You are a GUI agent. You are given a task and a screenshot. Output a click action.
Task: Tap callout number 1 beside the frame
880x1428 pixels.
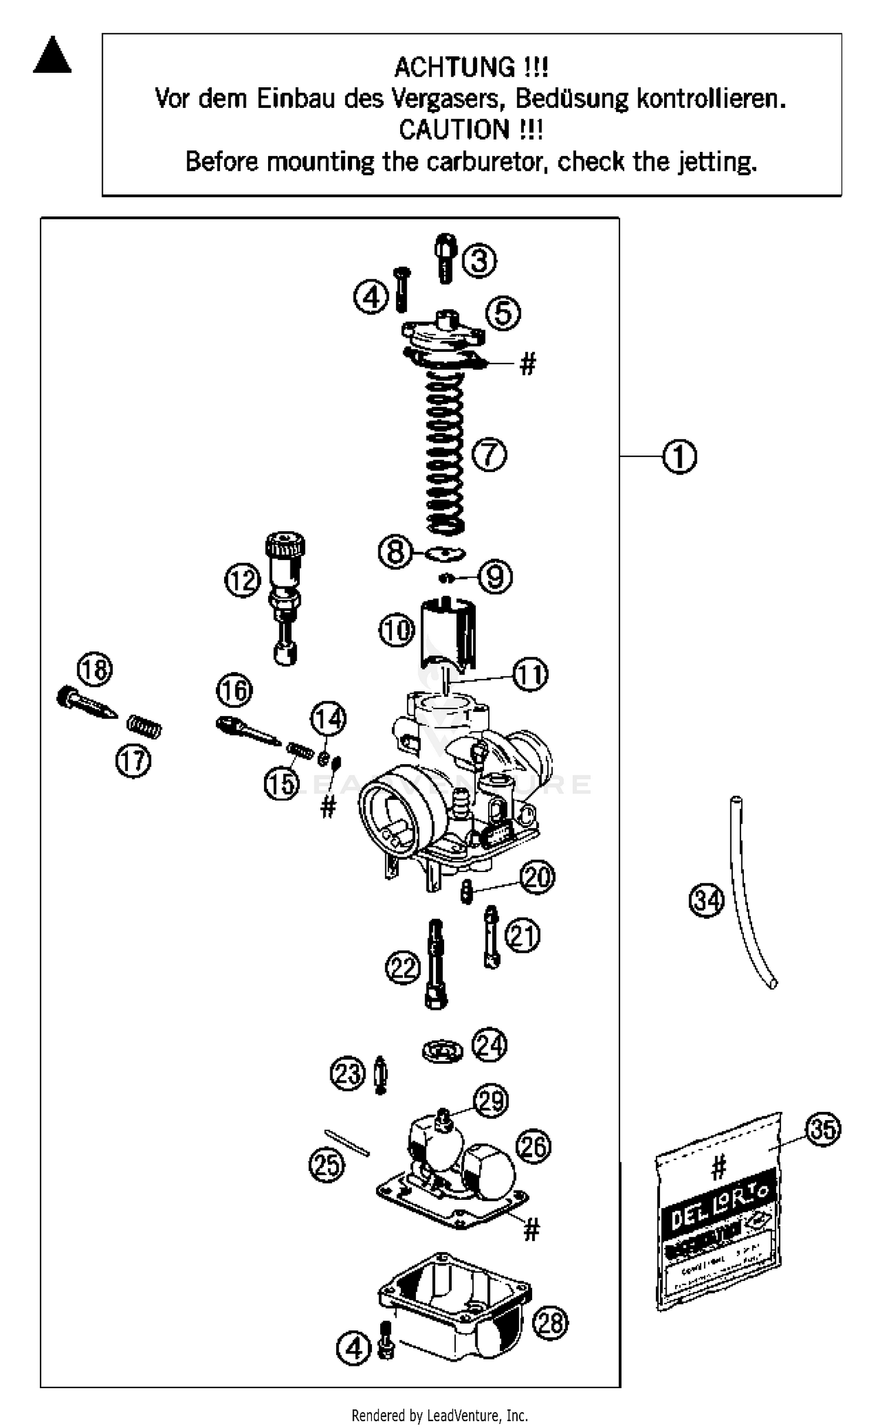tap(679, 457)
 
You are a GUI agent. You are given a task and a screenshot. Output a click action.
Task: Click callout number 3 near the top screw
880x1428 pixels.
tap(479, 261)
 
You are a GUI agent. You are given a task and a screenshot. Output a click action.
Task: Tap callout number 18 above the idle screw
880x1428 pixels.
tap(95, 670)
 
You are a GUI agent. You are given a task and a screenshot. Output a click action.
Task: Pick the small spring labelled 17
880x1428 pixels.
tap(144, 728)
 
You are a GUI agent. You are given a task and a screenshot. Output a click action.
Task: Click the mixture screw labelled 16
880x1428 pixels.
tap(246, 733)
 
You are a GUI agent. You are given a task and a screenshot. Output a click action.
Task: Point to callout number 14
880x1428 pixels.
tap(328, 719)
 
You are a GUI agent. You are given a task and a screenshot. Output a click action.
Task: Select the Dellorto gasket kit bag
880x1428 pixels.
tap(719, 1214)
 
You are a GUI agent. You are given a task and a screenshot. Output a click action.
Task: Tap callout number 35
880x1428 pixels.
tap(823, 1129)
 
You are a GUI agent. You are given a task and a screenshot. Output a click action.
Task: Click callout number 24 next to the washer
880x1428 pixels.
tap(490, 1044)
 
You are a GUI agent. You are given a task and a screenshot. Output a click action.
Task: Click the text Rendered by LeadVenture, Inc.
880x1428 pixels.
tap(439, 1416)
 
